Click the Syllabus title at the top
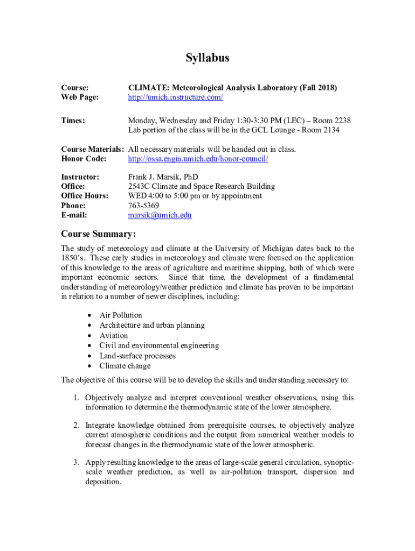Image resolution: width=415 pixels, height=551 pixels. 207,58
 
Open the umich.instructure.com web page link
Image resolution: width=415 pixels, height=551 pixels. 175,97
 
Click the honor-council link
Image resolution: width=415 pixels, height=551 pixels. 198,159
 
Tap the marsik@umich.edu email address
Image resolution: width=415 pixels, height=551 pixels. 160,215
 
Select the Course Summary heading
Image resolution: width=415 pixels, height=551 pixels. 98,234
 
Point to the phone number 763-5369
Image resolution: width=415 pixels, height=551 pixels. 143,206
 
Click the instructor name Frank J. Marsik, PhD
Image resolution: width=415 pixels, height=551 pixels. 163,176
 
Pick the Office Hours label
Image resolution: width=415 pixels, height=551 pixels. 85,196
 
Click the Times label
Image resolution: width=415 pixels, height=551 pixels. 73,121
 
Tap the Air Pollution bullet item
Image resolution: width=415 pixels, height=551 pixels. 121,315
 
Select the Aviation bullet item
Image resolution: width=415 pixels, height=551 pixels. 114,336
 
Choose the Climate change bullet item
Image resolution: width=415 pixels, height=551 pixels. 125,366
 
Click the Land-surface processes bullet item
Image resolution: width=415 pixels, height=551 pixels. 137,356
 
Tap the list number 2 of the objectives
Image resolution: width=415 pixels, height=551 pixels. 77,425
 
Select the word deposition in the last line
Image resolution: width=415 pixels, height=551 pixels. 103,482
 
